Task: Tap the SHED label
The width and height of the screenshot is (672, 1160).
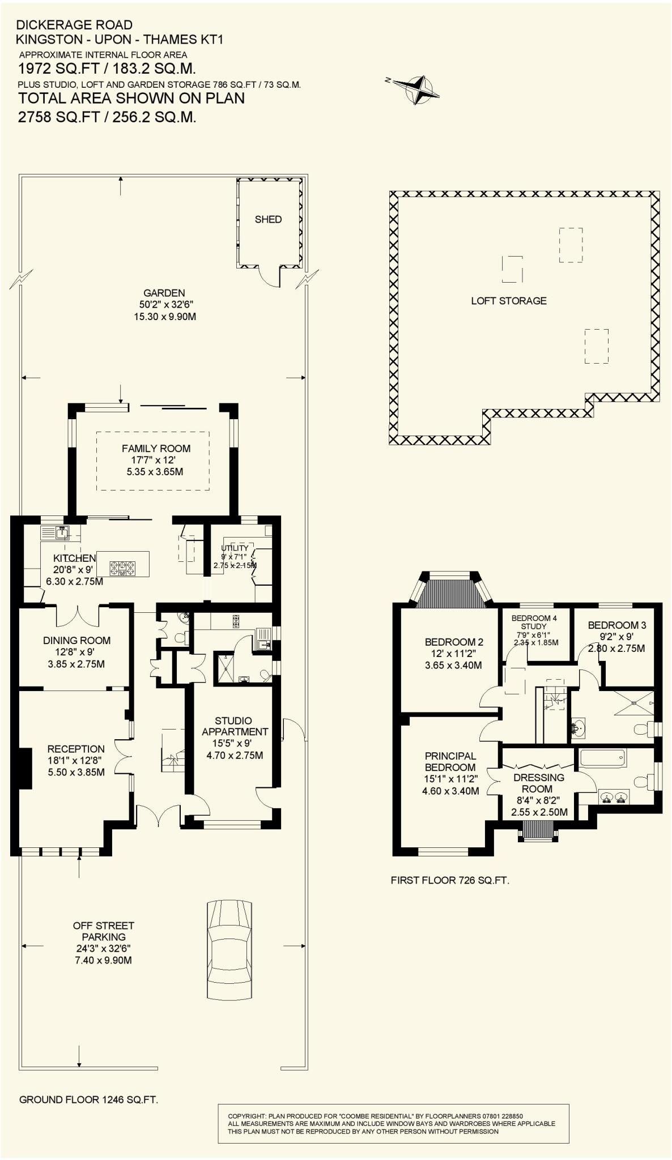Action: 268,219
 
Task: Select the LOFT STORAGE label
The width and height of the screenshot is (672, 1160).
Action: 509,301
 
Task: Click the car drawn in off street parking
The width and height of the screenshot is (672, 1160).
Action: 229,949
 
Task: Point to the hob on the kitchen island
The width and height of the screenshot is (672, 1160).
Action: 123,568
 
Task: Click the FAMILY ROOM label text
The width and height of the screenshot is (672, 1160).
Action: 156,449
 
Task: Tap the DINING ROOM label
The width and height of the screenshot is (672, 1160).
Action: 76,641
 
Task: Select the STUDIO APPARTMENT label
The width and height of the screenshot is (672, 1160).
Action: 233,726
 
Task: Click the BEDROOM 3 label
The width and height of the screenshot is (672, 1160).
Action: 616,625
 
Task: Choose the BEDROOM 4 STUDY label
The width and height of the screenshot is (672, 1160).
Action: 534,622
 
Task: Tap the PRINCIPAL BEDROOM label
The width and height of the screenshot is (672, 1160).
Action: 450,761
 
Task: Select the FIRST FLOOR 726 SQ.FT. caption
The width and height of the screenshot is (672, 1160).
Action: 450,880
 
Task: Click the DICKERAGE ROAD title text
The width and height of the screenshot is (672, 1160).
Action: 74,25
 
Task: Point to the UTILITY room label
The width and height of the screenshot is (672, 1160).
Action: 235,548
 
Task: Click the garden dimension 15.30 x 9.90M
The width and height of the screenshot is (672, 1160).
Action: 164,317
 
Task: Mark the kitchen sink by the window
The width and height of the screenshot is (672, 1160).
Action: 61,532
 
